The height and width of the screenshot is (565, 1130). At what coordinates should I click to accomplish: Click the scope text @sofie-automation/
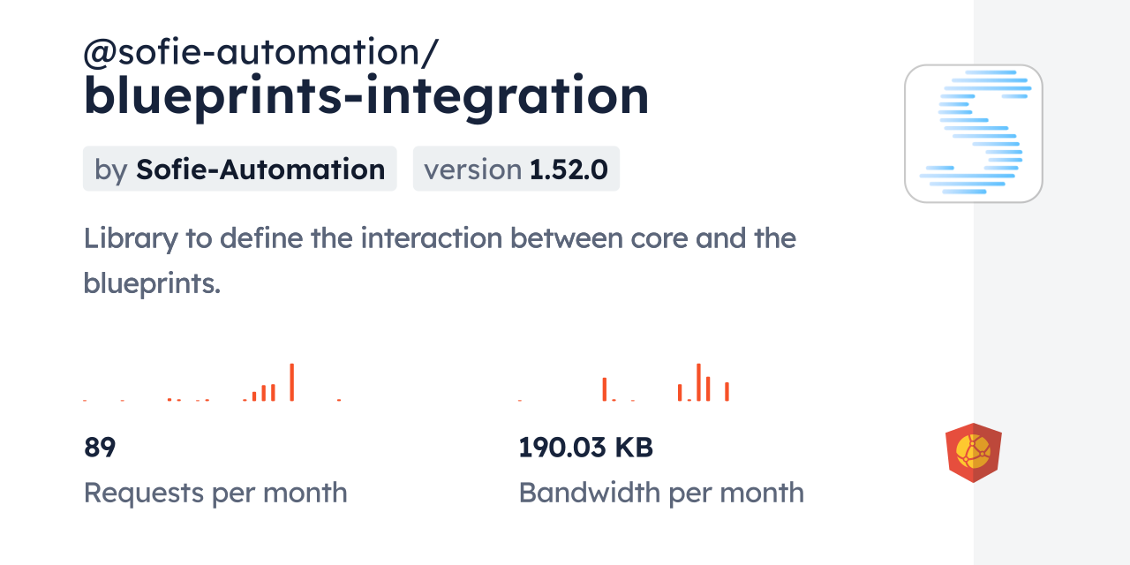260,54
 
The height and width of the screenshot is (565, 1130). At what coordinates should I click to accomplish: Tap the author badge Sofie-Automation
260,169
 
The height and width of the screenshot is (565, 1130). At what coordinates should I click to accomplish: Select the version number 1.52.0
569,169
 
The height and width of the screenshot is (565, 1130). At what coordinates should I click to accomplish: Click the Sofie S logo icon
973,133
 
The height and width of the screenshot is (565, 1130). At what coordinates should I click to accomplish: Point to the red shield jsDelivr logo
973,453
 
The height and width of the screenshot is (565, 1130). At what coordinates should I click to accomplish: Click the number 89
100,448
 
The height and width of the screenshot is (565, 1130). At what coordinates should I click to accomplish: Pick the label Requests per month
215,493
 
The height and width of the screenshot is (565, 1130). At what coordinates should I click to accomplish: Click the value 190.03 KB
585,448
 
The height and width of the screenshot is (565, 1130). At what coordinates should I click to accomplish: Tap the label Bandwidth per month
660,493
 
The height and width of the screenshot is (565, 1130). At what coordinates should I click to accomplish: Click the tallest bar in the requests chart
291,382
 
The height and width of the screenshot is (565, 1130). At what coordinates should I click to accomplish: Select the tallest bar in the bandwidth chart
698,382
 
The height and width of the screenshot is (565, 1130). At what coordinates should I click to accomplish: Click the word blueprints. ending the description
151,282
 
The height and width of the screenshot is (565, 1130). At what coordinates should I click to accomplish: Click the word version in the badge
472,169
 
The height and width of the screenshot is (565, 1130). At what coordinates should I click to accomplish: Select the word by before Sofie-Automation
111,169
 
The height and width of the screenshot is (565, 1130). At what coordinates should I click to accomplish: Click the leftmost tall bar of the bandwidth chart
605,389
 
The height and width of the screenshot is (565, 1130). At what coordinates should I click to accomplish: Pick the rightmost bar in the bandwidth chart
727,391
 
